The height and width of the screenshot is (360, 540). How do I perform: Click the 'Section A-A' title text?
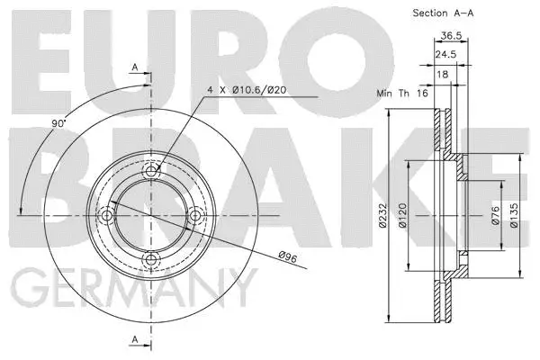point(444,13)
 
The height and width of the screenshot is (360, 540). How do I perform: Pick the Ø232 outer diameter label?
point(382,215)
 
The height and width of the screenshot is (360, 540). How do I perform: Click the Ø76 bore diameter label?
point(495,215)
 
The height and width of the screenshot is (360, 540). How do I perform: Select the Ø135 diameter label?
point(516,215)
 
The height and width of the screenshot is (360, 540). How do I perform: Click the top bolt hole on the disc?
point(152,166)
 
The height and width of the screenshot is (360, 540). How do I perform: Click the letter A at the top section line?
point(135,67)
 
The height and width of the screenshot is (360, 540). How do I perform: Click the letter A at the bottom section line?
point(135,339)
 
